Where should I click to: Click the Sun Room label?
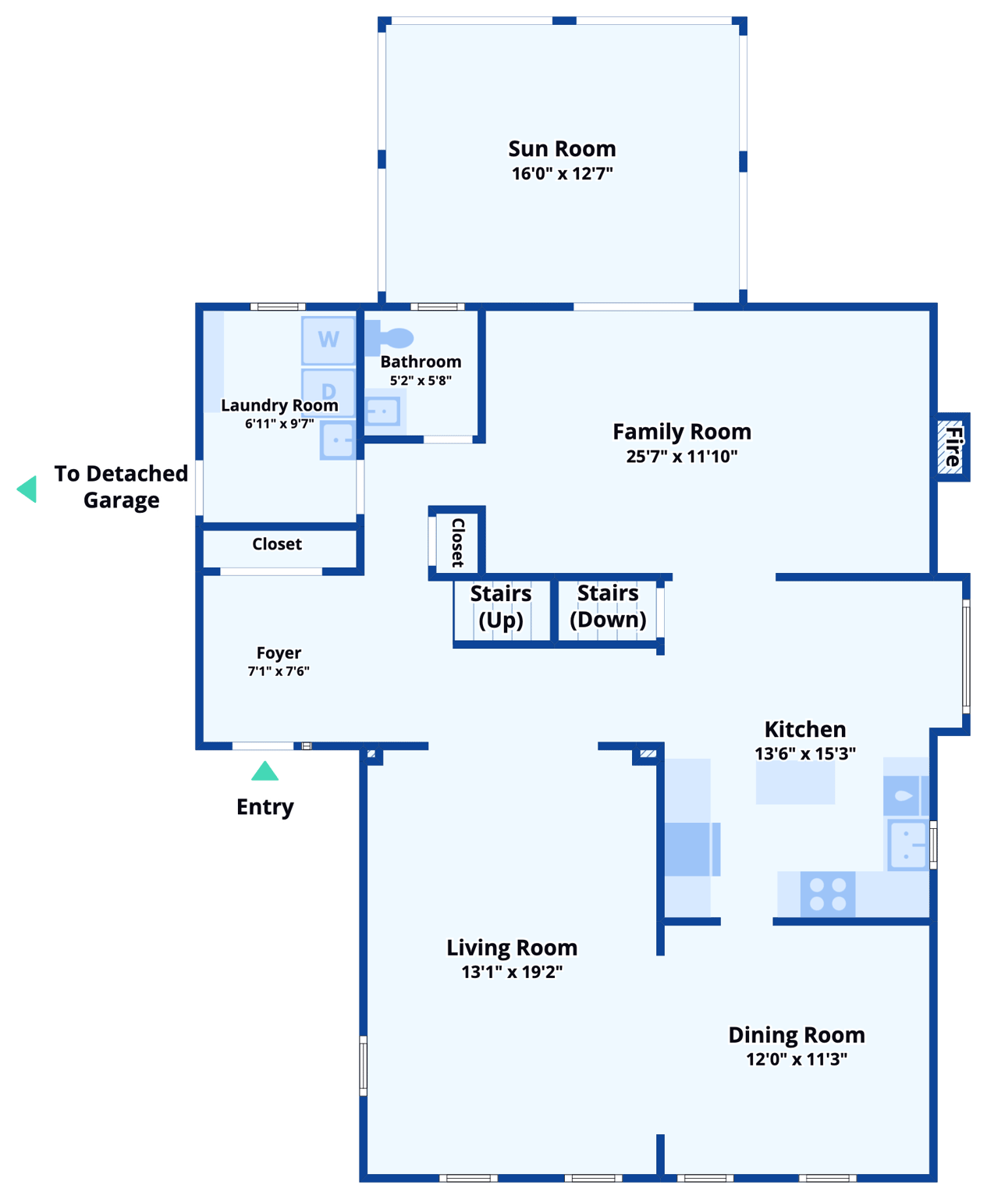point(562,148)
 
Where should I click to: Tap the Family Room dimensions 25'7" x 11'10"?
point(681,457)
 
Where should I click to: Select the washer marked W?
point(328,340)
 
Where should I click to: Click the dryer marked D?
point(328,390)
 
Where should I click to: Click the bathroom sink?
point(383,411)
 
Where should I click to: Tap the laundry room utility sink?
point(338,440)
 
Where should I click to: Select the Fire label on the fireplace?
point(953,447)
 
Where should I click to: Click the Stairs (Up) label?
point(500,607)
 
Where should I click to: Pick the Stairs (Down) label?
point(608,606)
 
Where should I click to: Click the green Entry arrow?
point(265,771)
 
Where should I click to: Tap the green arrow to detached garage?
point(27,489)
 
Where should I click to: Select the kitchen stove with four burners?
point(828,894)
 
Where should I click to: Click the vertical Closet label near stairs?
point(458,543)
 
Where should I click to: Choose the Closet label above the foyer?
point(277,544)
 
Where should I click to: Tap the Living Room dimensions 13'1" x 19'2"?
point(512,972)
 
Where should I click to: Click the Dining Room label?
point(796,1035)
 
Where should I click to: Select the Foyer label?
point(279,653)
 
